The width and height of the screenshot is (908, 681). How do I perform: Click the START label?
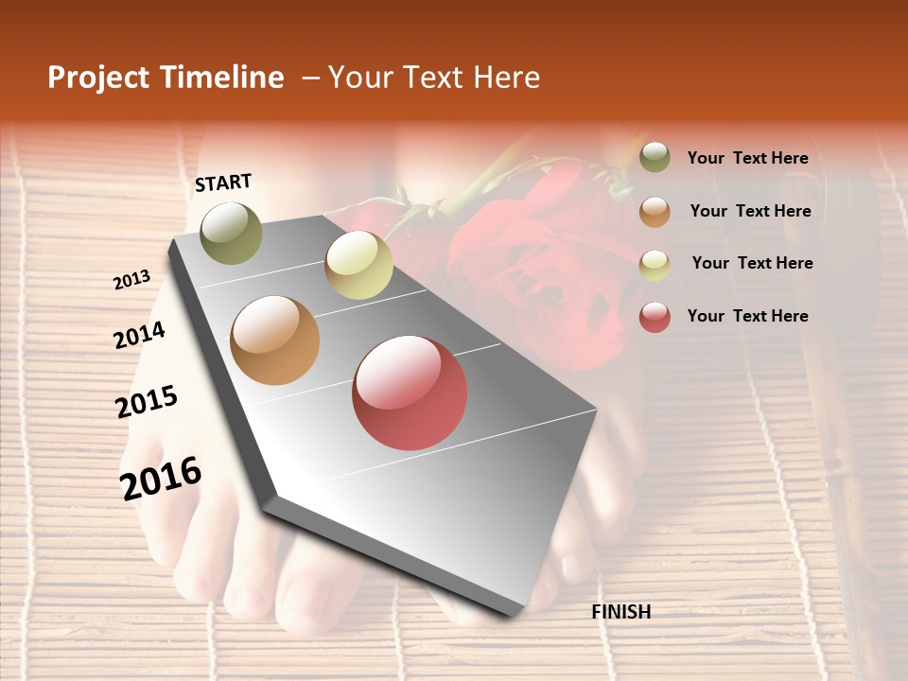(223, 183)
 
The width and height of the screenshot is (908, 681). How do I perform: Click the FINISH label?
(621, 612)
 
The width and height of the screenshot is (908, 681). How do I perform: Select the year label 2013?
(131, 280)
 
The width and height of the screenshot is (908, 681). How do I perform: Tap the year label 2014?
(139, 335)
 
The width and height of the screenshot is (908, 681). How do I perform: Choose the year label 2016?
(161, 478)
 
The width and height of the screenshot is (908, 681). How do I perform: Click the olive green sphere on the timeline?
(231, 233)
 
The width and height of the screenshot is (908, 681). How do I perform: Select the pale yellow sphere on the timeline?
(358, 265)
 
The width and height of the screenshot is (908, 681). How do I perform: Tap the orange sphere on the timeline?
(275, 340)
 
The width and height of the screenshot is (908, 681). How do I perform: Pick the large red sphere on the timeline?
(410, 393)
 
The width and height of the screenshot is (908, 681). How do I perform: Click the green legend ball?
(655, 157)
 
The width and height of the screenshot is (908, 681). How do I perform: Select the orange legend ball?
(655, 211)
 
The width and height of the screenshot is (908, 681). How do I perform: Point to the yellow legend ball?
(655, 264)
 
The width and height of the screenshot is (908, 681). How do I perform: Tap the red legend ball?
(655, 317)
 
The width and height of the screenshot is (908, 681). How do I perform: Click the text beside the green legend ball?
(747, 158)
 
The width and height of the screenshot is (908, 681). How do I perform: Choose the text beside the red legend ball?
(747, 316)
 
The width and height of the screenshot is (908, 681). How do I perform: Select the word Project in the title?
(99, 78)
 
